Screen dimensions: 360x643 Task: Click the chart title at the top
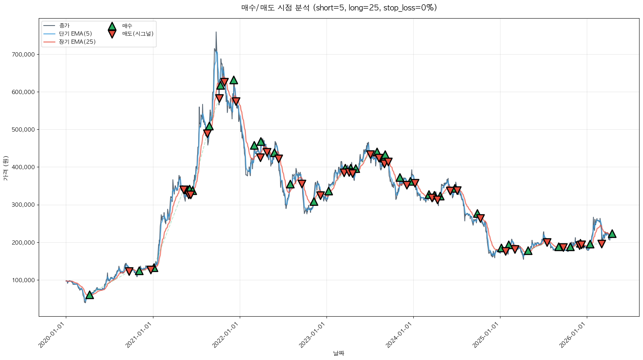[339, 8]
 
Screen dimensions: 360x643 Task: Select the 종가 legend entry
[64, 26]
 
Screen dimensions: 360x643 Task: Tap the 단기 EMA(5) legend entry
[75, 34]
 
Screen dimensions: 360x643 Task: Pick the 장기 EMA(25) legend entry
[77, 42]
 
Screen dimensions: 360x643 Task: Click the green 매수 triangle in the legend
[112, 26]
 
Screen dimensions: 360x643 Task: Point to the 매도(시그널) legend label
[138, 34]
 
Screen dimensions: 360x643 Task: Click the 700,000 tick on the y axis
[23, 55]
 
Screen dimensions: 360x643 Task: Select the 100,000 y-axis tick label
[23, 280]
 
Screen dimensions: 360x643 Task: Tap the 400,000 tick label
[23, 167]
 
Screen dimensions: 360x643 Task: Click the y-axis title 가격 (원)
[5, 168]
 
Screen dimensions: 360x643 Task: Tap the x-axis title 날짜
[339, 353]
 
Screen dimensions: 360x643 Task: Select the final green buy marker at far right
[612, 234]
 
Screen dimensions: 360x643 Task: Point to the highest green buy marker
[234, 80]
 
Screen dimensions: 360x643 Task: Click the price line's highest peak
[216, 32]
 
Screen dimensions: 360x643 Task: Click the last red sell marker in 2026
[602, 244]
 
